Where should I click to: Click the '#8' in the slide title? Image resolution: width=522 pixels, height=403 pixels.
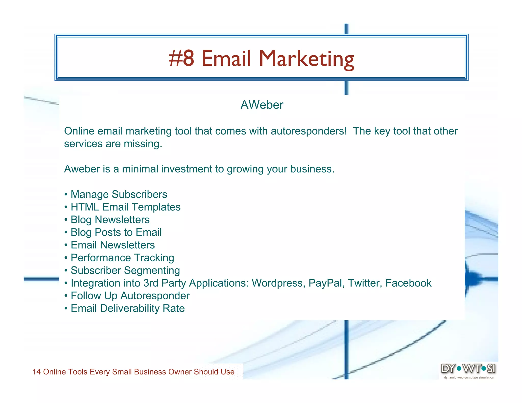tap(181, 58)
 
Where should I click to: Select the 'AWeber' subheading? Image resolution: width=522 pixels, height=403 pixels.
tap(262, 105)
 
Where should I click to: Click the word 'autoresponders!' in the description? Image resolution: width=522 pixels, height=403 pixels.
tap(309, 131)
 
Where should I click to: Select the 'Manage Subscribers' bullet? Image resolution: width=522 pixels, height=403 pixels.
tap(119, 194)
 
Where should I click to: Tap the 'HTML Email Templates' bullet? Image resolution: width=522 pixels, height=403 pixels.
tap(125, 207)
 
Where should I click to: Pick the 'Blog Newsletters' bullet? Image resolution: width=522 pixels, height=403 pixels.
tap(110, 220)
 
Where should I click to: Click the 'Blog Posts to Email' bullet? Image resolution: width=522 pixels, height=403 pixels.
tap(116, 232)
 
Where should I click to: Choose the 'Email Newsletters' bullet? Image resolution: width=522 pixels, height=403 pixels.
tap(113, 245)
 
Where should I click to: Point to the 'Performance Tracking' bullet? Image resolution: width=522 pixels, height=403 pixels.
tap(122, 258)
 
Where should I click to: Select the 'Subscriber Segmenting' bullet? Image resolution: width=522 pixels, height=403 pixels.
tap(125, 271)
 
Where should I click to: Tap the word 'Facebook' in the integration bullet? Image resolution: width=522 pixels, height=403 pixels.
tap(408, 283)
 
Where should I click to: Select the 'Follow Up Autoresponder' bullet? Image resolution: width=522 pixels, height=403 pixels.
tap(130, 296)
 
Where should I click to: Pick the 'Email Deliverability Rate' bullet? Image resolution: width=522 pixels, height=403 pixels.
tap(127, 308)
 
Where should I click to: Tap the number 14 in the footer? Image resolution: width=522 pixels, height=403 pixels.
tap(37, 372)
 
